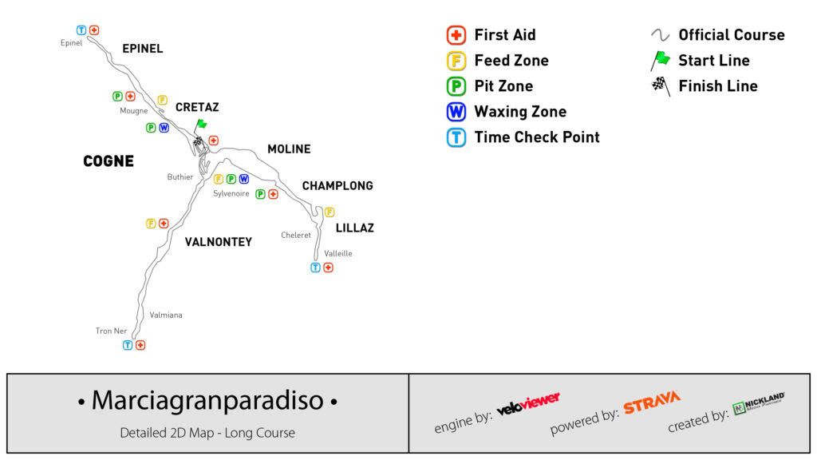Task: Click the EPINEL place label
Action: tap(142, 49)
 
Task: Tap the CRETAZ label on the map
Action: tap(197, 107)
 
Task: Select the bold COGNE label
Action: tap(109, 161)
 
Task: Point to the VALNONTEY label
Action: tap(218, 242)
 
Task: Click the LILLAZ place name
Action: tap(354, 228)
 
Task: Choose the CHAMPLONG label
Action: tap(337, 186)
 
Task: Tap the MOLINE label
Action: tap(289, 149)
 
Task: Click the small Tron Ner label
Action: tap(111, 331)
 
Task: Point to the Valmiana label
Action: tap(166, 315)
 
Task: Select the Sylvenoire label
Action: tap(231, 193)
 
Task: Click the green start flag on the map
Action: tap(201, 124)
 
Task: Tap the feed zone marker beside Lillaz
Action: tap(330, 212)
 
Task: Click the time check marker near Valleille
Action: tap(315, 268)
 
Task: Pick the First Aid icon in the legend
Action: tap(456, 35)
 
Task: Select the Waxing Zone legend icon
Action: tap(456, 112)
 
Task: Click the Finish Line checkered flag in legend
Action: tap(660, 85)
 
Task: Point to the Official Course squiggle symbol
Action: tap(660, 35)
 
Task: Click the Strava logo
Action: tap(652, 402)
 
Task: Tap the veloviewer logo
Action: tap(528, 403)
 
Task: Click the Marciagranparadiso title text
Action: tap(207, 400)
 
